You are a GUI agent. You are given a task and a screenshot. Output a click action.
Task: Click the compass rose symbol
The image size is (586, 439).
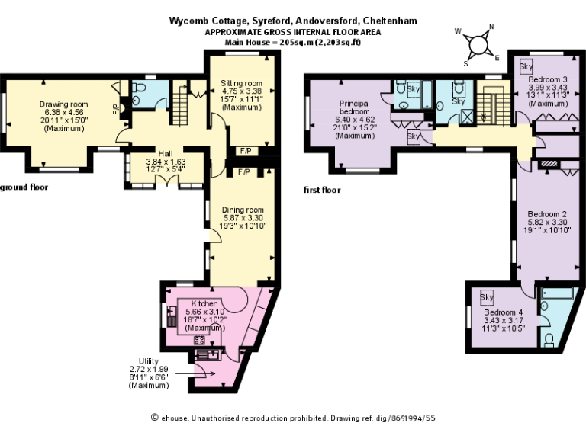click(x=478, y=44)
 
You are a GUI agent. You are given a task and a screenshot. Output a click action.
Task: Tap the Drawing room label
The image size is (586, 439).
click(x=64, y=104)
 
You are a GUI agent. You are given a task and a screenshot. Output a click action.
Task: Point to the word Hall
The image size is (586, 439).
click(x=166, y=152)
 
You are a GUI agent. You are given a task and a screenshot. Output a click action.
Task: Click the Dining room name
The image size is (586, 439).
click(x=243, y=210)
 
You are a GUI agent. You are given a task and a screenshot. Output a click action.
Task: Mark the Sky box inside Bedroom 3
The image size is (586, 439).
click(x=526, y=66)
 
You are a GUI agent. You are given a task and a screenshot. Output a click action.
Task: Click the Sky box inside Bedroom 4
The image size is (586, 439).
click(x=487, y=296)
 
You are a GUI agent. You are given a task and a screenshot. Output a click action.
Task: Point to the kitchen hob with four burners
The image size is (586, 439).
click(x=200, y=340)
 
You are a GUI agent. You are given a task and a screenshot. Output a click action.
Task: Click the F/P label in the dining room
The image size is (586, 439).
click(x=244, y=173)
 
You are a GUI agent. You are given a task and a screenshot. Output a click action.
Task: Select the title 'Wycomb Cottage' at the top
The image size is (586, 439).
click(x=201, y=21)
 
